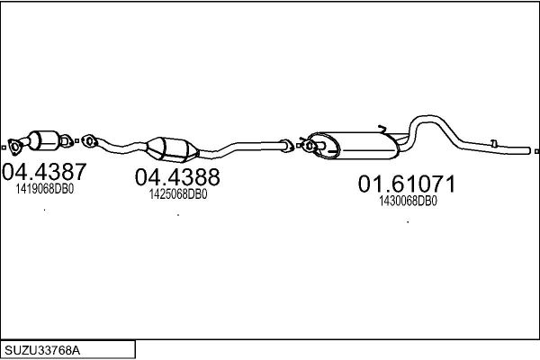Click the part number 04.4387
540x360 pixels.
coord(44,172)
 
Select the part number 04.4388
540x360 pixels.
coord(177,177)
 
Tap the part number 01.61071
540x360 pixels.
coord(407,184)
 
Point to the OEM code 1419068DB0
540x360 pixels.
coord(45,189)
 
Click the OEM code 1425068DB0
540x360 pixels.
coord(178,194)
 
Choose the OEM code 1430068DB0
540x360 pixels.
coord(408,201)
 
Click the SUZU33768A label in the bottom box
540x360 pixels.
coord(42,351)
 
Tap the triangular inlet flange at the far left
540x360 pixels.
coord(14,146)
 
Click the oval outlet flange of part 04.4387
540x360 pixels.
coord(66,141)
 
